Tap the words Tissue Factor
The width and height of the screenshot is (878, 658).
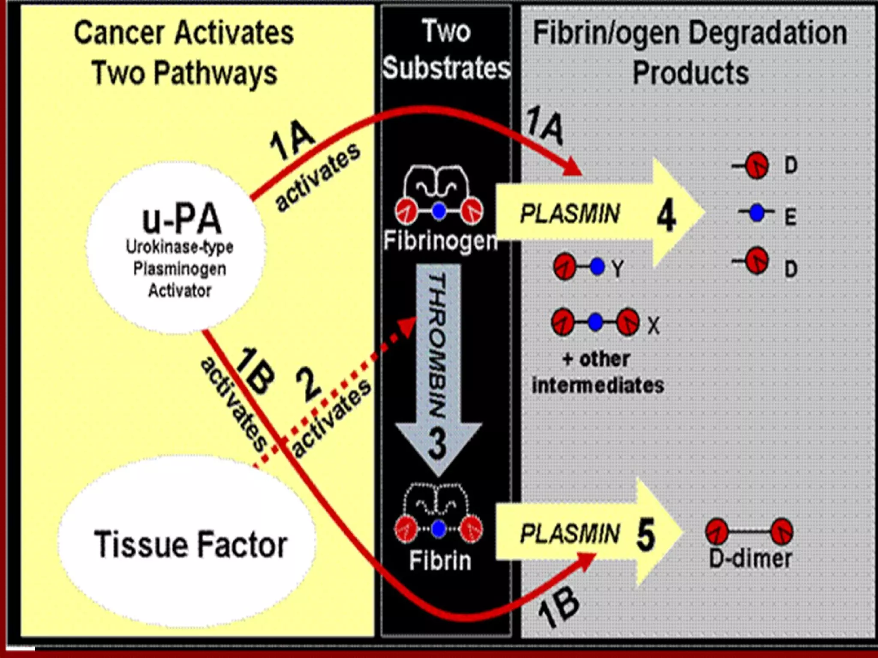(190, 544)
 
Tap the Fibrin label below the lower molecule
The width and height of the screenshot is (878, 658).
(440, 560)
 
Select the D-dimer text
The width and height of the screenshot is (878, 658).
(750, 559)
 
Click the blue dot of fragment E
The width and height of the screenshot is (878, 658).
(757, 212)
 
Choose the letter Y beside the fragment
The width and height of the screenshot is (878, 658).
(618, 269)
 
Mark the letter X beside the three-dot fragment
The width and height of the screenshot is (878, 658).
(653, 326)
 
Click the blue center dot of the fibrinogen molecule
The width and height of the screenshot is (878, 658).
(439, 212)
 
